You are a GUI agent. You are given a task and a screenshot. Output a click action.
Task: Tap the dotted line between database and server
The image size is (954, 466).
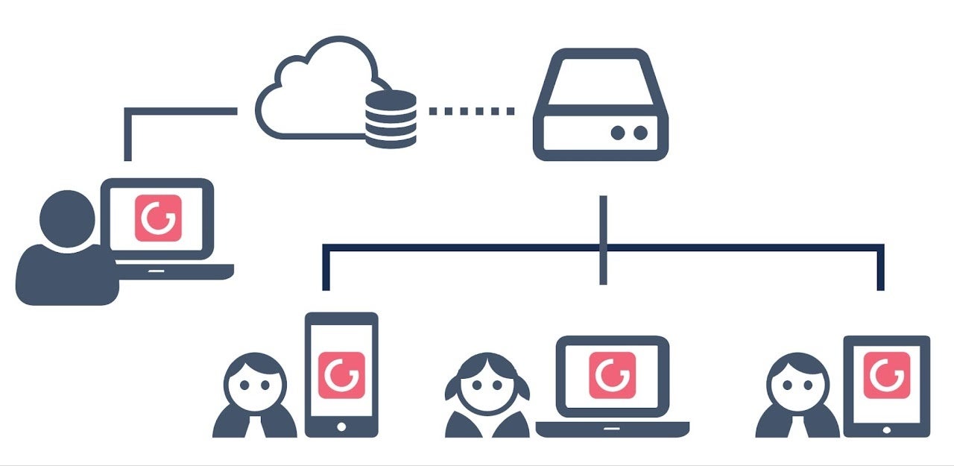[x=471, y=111]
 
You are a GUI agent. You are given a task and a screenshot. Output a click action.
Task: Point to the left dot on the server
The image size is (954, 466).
[x=618, y=133]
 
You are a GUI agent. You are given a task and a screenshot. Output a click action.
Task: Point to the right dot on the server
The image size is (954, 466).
[x=639, y=133]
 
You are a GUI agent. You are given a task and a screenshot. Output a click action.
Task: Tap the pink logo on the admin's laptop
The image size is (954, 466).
[x=158, y=218]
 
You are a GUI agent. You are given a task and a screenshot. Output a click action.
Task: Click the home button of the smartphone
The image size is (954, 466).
[x=341, y=426]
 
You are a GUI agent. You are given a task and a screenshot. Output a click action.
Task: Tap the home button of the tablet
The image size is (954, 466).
[x=887, y=429]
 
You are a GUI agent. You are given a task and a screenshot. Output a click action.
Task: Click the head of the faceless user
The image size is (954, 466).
[x=67, y=216]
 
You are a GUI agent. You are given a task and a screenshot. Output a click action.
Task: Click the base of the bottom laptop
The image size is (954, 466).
[x=612, y=429]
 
